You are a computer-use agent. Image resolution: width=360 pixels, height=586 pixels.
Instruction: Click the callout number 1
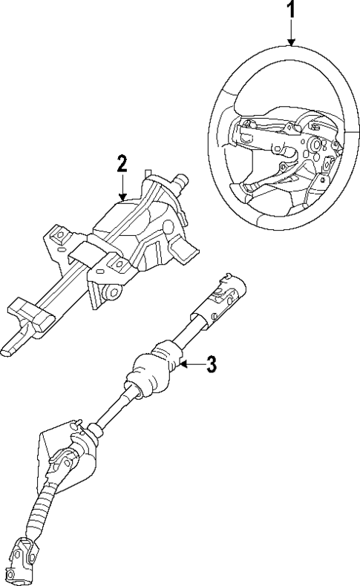(291, 10)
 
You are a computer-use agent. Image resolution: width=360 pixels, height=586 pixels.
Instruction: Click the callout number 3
(211, 364)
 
